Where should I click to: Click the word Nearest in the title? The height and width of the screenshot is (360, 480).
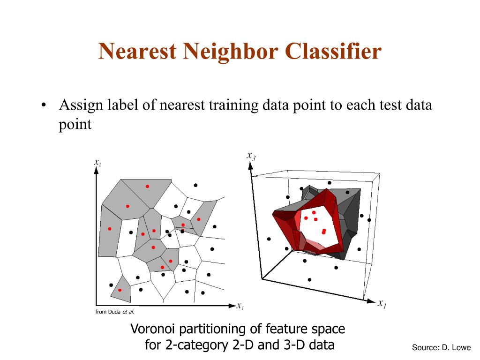(137, 51)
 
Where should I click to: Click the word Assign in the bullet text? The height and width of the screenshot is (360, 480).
(80, 105)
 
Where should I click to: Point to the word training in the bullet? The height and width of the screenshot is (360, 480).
(232, 105)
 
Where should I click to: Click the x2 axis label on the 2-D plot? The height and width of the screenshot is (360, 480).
(97, 162)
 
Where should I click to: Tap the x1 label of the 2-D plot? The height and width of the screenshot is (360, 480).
(240, 307)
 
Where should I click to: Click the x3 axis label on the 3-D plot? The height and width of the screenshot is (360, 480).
(251, 156)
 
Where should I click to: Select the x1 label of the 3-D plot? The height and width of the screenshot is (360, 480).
(382, 303)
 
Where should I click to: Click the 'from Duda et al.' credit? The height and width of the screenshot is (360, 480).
(114, 312)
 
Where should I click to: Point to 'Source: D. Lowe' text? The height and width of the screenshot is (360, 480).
(441, 347)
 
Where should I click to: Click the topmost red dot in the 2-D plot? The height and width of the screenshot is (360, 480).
(147, 187)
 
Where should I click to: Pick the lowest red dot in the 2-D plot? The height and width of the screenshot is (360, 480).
(120, 290)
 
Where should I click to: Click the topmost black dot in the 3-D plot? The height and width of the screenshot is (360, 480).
(330, 182)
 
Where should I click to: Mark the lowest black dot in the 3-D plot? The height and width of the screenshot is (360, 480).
(309, 279)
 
